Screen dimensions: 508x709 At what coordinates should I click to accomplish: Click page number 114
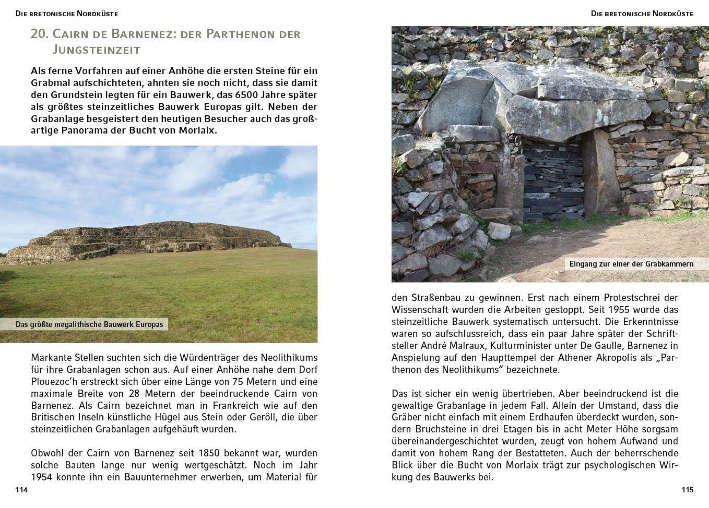click(21, 490)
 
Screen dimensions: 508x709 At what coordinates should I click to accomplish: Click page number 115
click(687, 490)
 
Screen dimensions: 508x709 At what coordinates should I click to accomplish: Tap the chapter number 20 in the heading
click(39, 34)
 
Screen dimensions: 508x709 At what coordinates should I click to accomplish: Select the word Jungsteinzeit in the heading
click(97, 50)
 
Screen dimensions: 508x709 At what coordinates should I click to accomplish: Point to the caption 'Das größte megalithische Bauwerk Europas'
click(89, 324)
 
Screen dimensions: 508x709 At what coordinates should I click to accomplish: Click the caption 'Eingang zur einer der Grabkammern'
click(631, 264)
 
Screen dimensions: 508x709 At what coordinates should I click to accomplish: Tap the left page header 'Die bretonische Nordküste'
click(67, 14)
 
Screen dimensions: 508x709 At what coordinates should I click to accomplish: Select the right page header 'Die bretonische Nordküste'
click(642, 14)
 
